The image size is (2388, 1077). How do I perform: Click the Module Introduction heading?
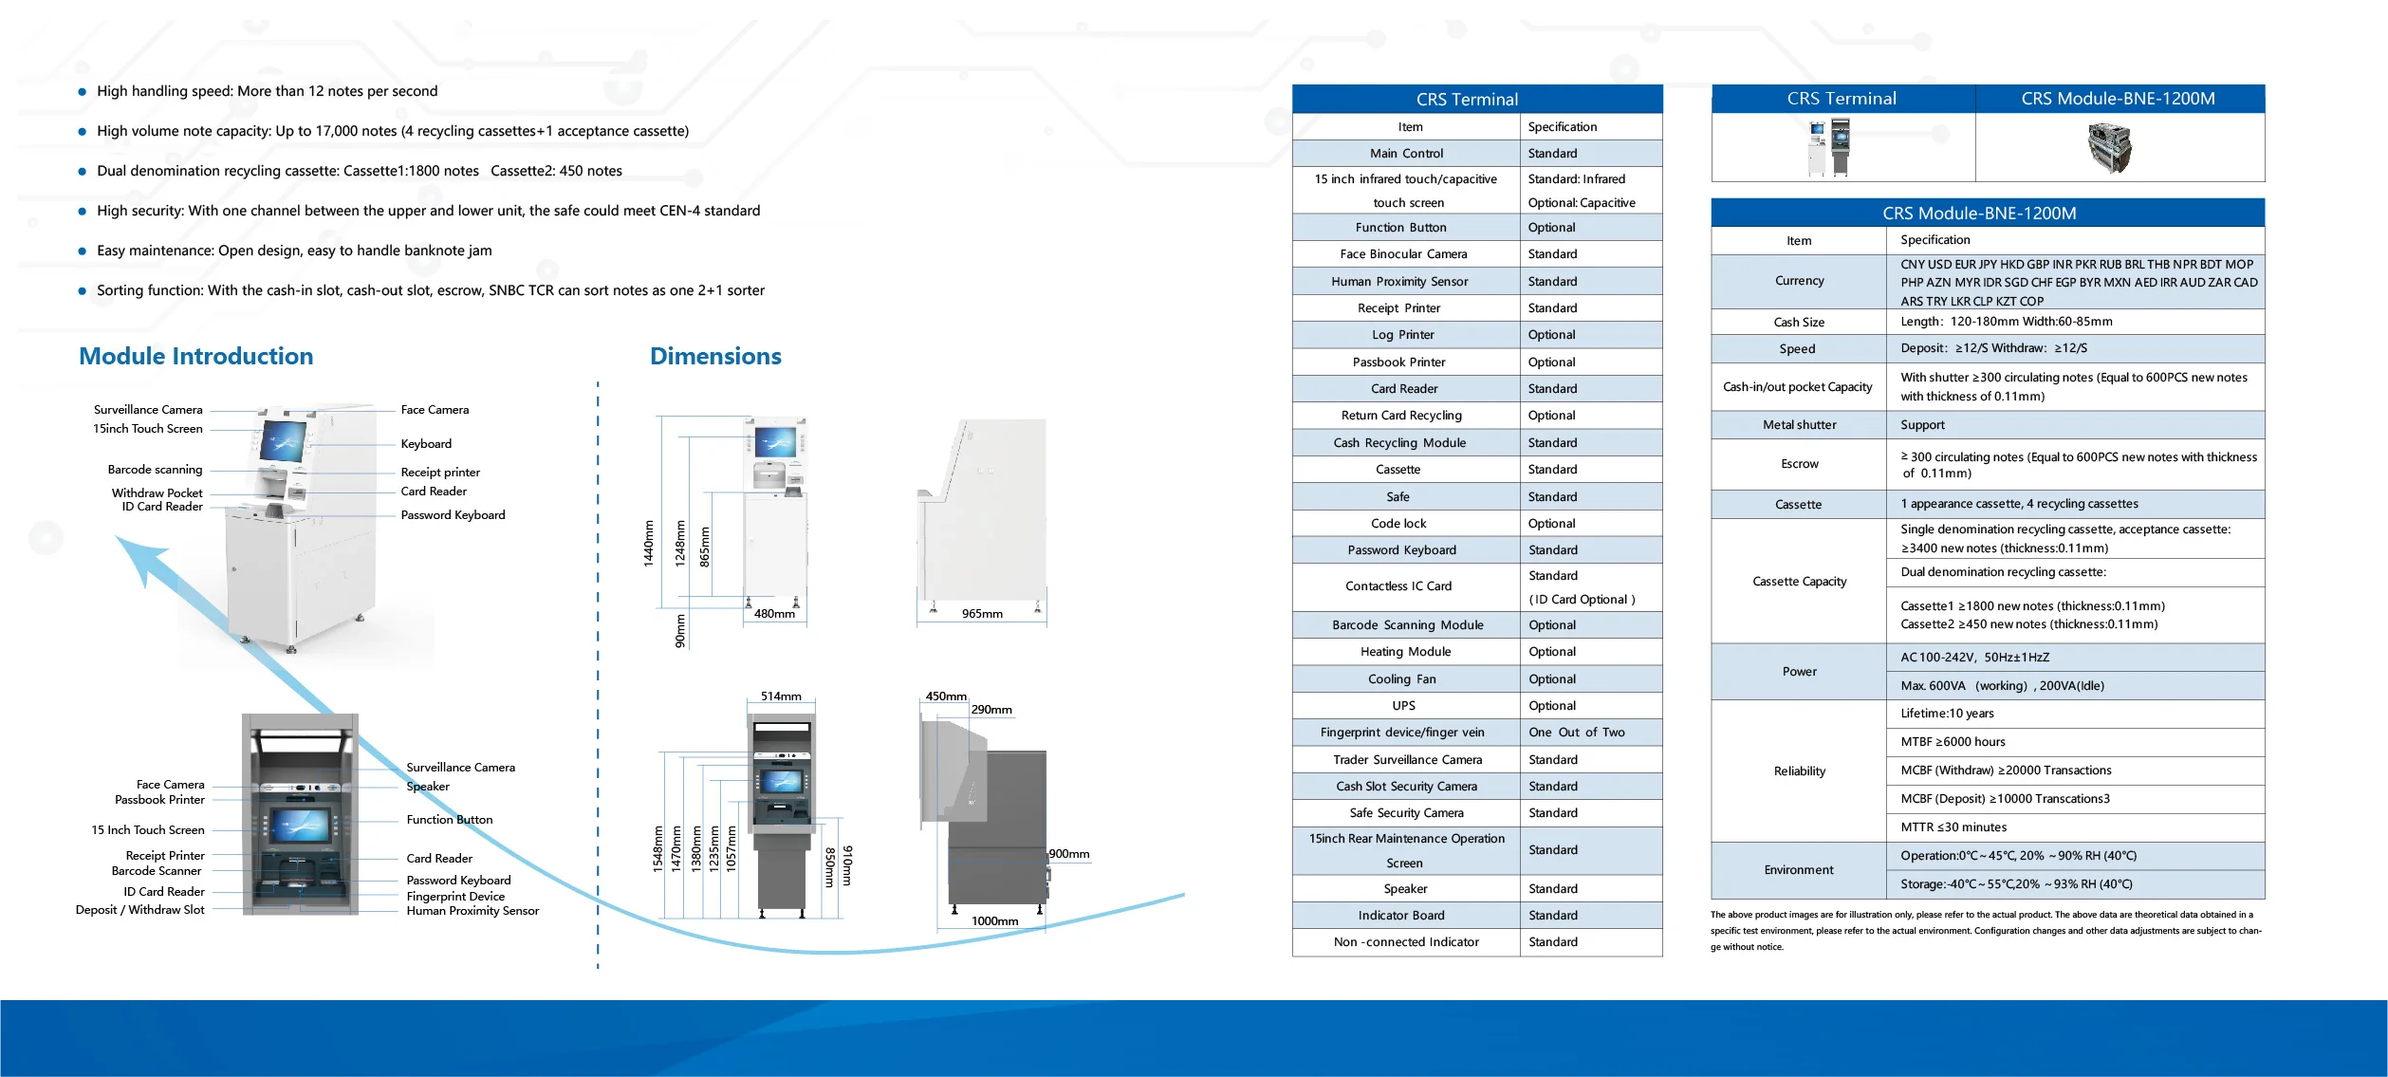(x=195, y=356)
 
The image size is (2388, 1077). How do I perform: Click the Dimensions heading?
(x=715, y=356)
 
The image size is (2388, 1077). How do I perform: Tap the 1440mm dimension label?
(x=649, y=543)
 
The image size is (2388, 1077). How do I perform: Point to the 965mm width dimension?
(x=982, y=614)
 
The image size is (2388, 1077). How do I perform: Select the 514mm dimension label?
(x=781, y=696)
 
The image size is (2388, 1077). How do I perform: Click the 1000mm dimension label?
(x=994, y=921)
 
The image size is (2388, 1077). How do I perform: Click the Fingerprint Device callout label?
(x=455, y=896)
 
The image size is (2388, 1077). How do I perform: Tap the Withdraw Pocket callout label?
(x=157, y=492)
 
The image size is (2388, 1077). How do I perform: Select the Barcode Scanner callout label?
(x=157, y=871)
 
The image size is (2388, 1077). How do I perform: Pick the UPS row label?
(x=1404, y=706)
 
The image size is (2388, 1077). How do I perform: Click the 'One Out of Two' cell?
(x=1577, y=733)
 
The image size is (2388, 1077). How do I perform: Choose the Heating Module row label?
(x=1405, y=652)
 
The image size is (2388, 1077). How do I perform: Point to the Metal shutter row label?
(x=1799, y=425)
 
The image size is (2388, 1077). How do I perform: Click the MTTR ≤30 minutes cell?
(x=1953, y=827)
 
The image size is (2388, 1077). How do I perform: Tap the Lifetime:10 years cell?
(x=1947, y=714)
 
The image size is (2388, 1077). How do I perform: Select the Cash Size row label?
(x=1799, y=323)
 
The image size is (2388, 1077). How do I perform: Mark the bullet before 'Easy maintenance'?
(x=83, y=251)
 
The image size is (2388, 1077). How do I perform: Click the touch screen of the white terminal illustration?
(x=283, y=440)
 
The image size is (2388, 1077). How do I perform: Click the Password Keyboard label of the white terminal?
(x=453, y=515)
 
